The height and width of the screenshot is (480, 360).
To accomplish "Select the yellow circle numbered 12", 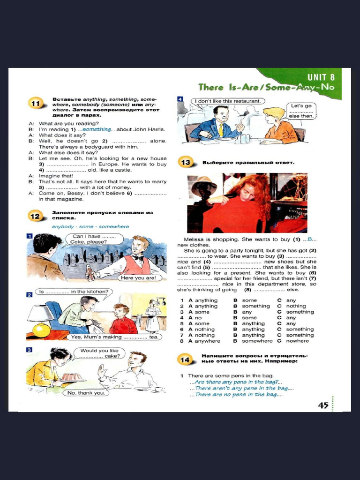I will click(36, 216).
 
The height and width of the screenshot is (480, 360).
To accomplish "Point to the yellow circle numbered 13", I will click(186, 163).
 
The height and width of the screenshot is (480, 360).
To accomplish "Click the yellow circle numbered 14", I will click(186, 359).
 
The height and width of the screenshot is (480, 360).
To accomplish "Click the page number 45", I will click(323, 405).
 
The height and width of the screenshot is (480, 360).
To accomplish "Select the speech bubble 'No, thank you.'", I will click(86, 393).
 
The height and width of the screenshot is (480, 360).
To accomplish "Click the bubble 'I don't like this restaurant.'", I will click(228, 101).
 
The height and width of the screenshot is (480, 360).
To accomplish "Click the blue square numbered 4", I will click(180, 99).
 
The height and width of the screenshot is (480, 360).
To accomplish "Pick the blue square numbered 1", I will click(29, 236).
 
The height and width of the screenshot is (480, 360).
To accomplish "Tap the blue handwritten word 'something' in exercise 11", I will click(97, 129).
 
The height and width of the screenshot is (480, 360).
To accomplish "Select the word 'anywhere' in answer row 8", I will click(207, 341).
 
